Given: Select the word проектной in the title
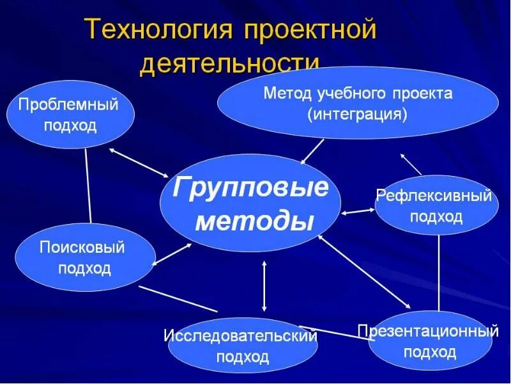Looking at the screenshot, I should (x=307, y=31).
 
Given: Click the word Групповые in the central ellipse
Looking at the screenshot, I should (x=251, y=189).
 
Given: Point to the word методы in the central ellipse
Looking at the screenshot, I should (x=254, y=221).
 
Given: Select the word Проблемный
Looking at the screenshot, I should (x=68, y=104).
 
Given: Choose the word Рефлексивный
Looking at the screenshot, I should (x=434, y=196).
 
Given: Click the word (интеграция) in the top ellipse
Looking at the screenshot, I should (x=357, y=115).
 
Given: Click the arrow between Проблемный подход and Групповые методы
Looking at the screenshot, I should (x=139, y=163).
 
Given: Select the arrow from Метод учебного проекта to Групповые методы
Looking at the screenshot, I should (x=312, y=152).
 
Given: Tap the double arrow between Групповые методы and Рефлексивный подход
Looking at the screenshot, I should (x=358, y=210).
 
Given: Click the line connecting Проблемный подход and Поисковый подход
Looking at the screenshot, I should (x=88, y=186).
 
